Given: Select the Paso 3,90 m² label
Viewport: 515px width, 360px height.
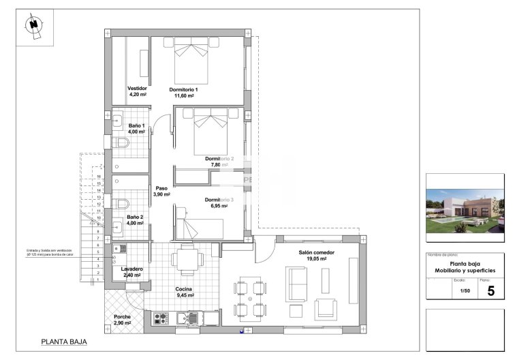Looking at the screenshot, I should (161, 192).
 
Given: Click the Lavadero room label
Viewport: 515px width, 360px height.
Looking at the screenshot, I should (131, 272).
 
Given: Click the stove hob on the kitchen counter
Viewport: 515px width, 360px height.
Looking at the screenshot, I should (161, 317).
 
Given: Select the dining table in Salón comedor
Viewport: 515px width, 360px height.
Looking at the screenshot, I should (250, 299).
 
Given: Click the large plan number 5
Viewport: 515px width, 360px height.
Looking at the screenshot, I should (490, 290).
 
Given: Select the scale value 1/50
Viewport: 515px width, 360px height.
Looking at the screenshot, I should (463, 291).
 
